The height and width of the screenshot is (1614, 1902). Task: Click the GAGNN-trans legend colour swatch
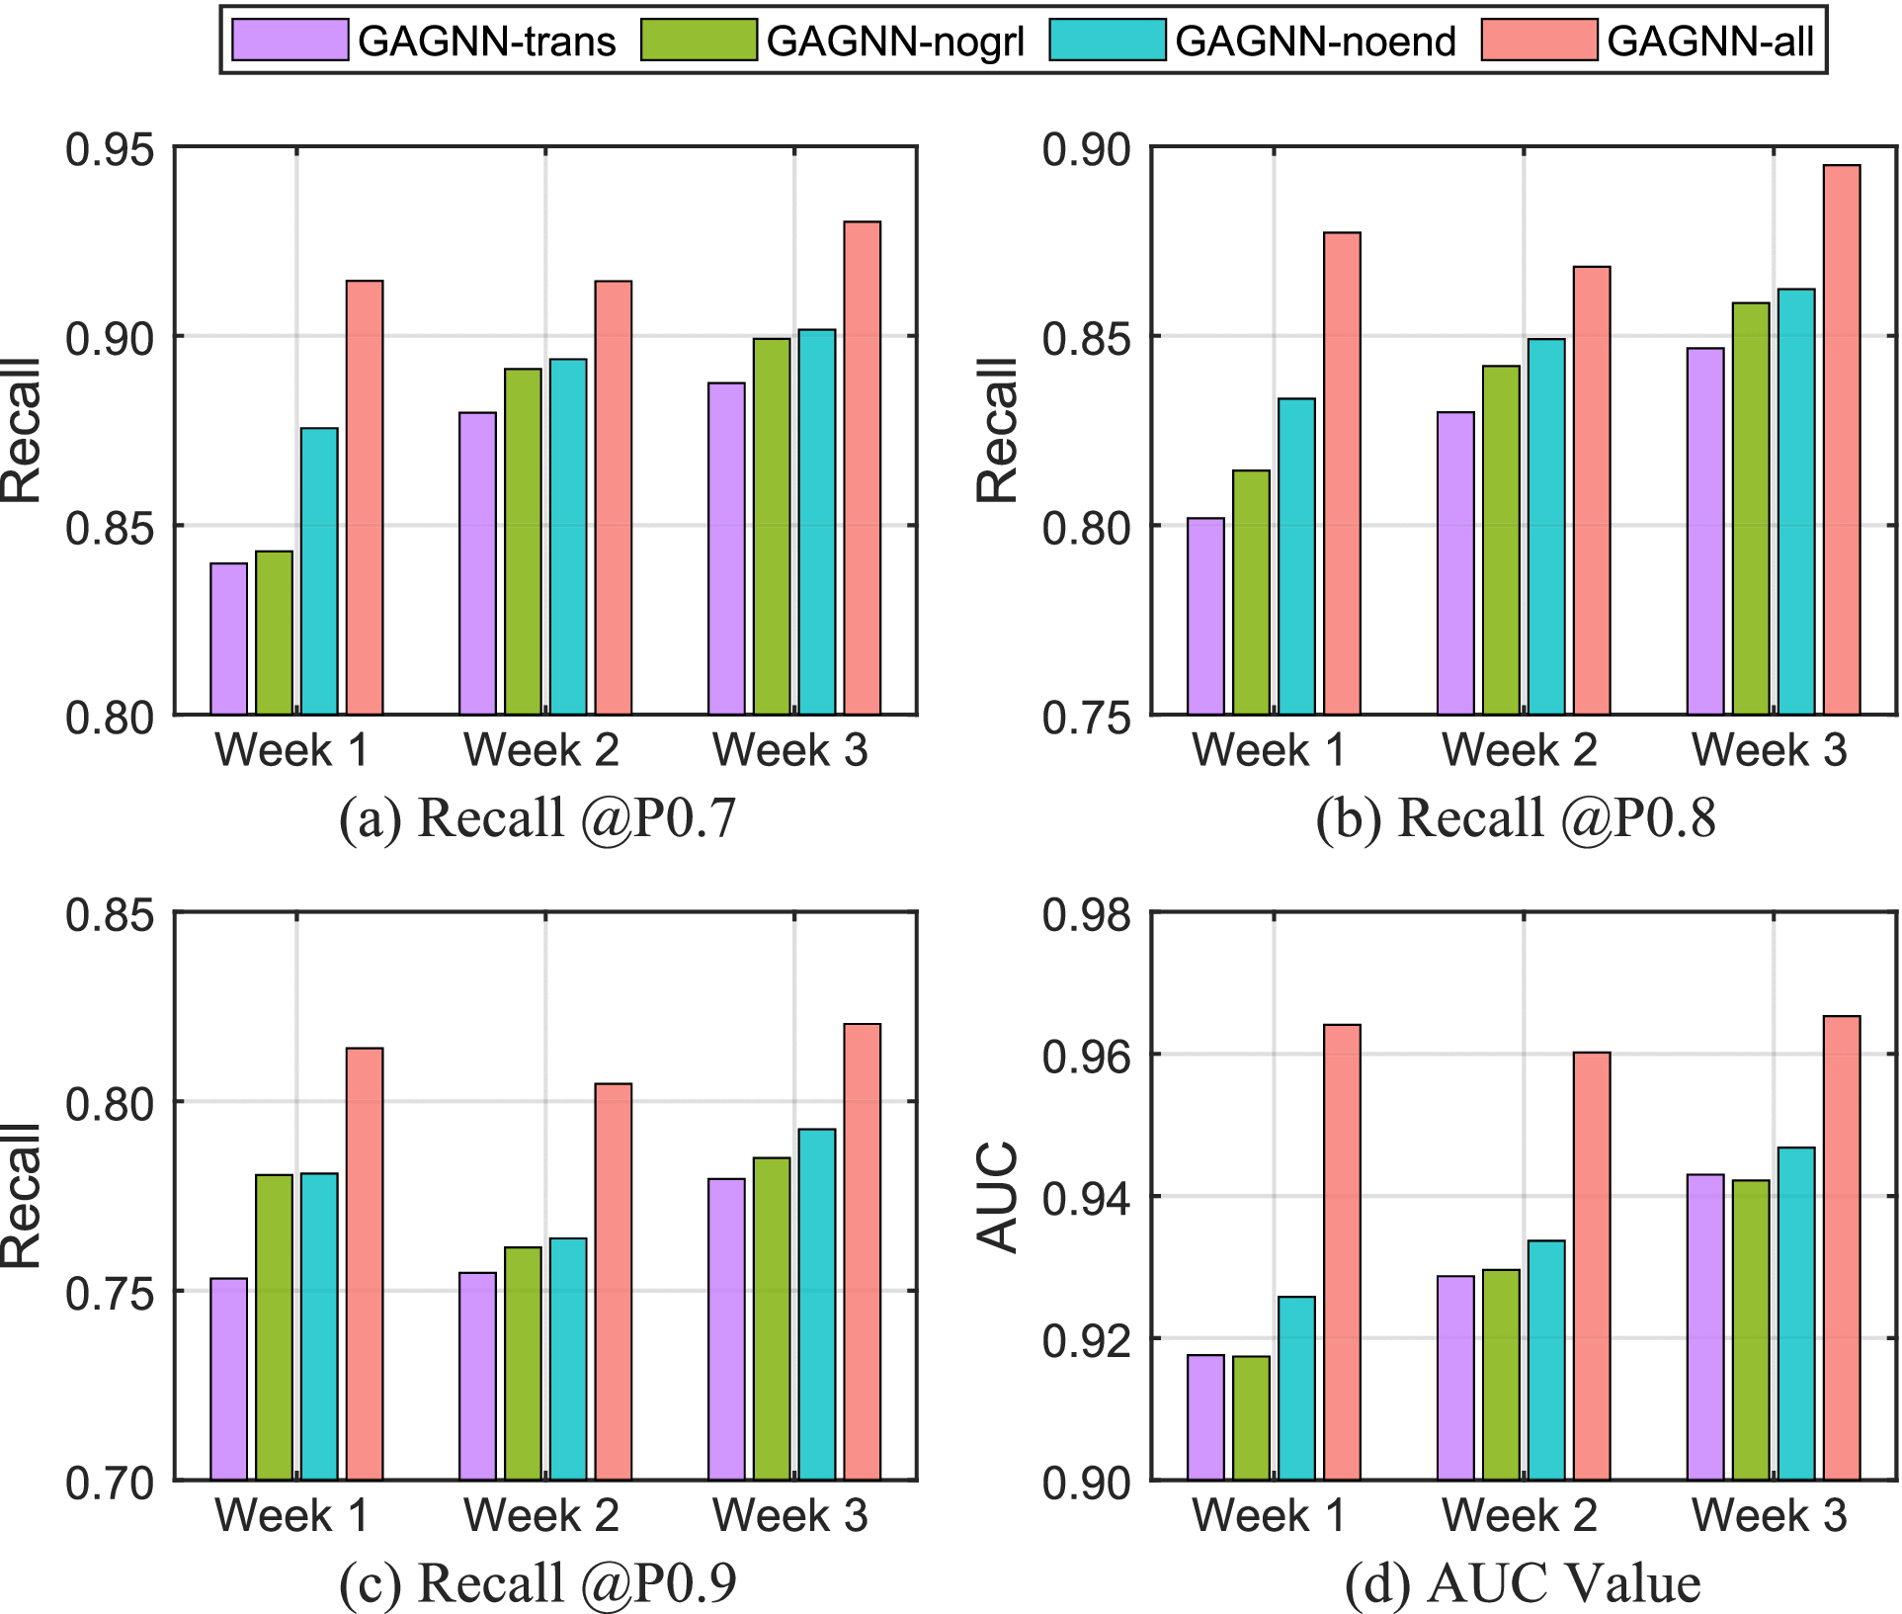coord(290,41)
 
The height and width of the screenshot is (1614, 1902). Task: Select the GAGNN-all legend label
coord(1709,42)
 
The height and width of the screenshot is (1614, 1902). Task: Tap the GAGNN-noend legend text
coord(1315,42)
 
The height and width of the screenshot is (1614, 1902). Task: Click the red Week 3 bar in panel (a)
coord(862,467)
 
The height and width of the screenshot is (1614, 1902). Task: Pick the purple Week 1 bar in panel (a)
coord(229,638)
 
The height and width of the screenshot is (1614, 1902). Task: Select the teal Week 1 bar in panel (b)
coord(1296,555)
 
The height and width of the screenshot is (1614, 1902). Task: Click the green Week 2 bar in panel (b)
coord(1501,540)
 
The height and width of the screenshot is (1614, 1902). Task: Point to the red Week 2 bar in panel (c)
coord(613,1281)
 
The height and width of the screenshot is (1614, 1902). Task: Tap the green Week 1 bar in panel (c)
coord(275,1326)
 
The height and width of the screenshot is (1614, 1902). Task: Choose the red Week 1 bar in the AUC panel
coord(1342,1251)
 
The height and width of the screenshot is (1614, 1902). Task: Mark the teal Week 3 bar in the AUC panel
coord(1796,1313)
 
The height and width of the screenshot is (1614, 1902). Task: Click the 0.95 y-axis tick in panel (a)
coord(110,149)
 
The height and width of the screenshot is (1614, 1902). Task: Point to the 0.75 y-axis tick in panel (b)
coord(1086,717)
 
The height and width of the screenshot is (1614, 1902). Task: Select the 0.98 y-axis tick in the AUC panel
coord(1086,914)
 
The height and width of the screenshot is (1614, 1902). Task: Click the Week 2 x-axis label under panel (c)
coord(541,1514)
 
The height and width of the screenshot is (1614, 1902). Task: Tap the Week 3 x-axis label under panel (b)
coord(1769,749)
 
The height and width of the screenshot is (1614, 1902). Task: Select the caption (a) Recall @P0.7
coord(538,817)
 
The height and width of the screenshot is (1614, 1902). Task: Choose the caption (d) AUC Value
coord(1522,1582)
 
